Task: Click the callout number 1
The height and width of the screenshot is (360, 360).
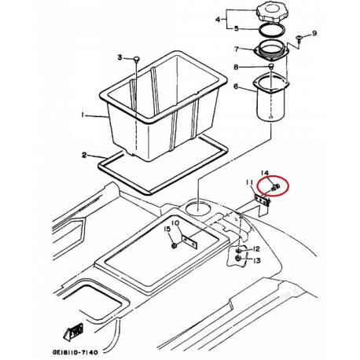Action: [x=83, y=115]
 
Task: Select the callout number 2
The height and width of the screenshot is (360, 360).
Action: [x=84, y=155]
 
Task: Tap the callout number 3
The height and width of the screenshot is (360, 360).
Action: [x=119, y=57]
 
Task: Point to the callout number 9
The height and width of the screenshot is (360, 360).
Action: [x=314, y=33]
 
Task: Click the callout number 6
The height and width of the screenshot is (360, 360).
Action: [x=237, y=86]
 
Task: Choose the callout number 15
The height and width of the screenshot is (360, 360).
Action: [x=167, y=230]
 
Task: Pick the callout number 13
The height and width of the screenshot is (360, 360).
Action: [x=257, y=260]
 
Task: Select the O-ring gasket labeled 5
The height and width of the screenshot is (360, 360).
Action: [x=271, y=31]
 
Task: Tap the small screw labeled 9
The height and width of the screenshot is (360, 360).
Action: [x=299, y=39]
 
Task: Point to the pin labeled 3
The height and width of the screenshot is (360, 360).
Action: [x=137, y=60]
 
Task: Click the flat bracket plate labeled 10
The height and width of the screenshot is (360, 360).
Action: [x=189, y=242]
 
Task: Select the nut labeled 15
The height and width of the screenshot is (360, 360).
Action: [x=174, y=246]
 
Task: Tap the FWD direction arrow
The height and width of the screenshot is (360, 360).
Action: [x=74, y=332]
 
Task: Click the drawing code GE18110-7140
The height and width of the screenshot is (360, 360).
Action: [x=75, y=352]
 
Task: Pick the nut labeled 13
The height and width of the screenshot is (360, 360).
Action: [x=238, y=259]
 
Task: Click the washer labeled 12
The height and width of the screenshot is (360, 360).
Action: [x=238, y=251]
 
